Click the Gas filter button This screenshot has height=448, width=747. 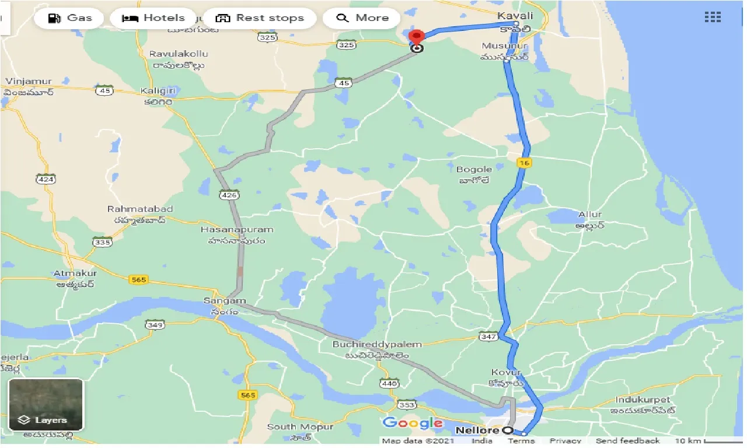coord(71,18)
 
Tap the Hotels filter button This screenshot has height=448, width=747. coord(153,18)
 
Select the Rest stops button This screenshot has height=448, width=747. coord(260,18)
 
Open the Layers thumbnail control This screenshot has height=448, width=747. coord(46,404)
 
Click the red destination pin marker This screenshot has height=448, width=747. coord(416,37)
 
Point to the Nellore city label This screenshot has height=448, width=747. coord(477,430)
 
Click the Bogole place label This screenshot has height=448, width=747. coord(474,170)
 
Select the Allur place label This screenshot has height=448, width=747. coord(589,215)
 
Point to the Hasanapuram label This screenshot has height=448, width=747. coord(237,229)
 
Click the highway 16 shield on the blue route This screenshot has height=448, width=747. coord(524,163)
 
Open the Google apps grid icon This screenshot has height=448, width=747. coord(713,17)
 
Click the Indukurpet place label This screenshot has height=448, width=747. coord(645,400)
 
